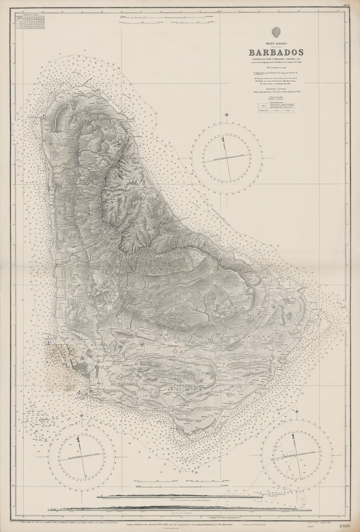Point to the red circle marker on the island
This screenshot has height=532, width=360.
click(x=175, y=352)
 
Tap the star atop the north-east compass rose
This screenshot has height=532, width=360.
click(x=226, y=115)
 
